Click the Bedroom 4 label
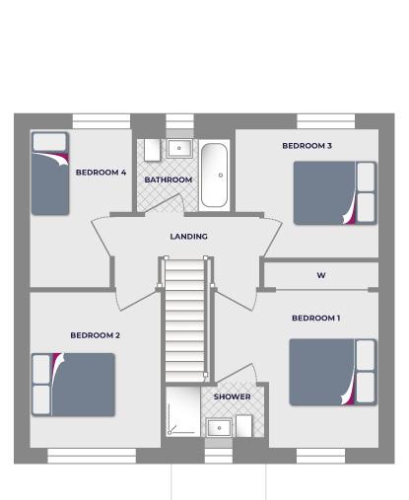tap(101, 173)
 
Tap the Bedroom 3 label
tap(307, 146)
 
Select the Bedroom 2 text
tap(95, 335)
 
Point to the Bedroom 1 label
tap(315, 319)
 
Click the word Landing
tap(188, 237)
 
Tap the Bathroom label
tap(169, 179)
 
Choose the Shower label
tap(233, 396)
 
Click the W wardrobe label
tap(321, 275)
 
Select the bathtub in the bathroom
tap(214, 176)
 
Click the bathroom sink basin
tap(179, 148)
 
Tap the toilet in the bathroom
tap(153, 150)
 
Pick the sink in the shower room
tap(219, 427)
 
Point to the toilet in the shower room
tap(244, 426)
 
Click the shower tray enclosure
tap(183, 411)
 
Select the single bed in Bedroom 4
tap(50, 174)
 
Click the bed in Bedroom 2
tap(73, 385)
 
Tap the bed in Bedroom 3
tap(335, 193)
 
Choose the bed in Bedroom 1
tap(333, 372)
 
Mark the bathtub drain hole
tap(221, 176)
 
